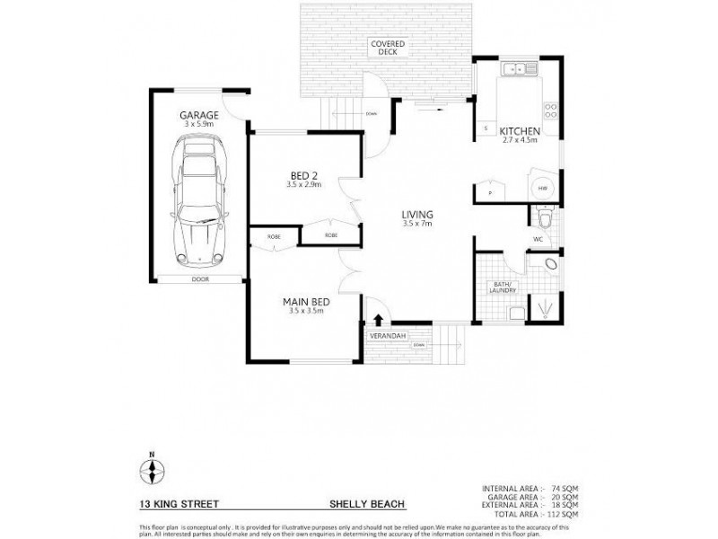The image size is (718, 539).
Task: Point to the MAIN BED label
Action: [x=305, y=301]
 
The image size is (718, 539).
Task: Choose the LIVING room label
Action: [x=417, y=214]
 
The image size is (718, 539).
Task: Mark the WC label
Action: [x=538, y=240]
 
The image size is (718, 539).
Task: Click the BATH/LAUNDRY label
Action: [x=501, y=287]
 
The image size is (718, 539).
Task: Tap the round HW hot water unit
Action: [x=542, y=190]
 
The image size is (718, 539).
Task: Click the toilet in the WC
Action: [x=544, y=216]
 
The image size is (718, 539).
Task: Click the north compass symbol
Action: [x=152, y=469]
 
